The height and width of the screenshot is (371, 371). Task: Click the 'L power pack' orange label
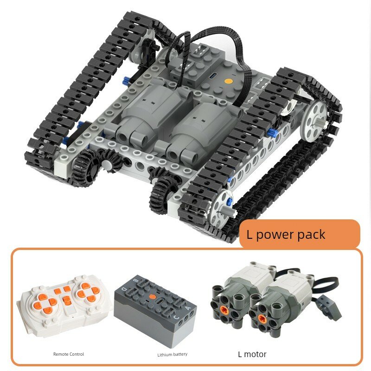click(300, 234)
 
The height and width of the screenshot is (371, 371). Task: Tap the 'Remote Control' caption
click(68, 354)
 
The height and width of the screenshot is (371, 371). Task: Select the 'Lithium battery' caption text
click(172, 354)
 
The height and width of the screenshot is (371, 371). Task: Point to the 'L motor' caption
click(252, 354)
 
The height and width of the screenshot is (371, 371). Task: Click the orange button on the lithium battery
click(153, 297)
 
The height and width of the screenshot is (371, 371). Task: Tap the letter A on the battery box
click(188, 308)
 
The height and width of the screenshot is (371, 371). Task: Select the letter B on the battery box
click(135, 281)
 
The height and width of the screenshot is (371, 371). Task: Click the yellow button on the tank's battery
click(228, 81)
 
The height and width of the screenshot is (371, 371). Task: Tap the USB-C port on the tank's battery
click(211, 76)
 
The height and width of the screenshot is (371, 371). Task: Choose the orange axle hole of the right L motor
click(262, 319)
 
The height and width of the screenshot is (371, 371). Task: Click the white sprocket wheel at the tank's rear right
click(314, 120)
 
